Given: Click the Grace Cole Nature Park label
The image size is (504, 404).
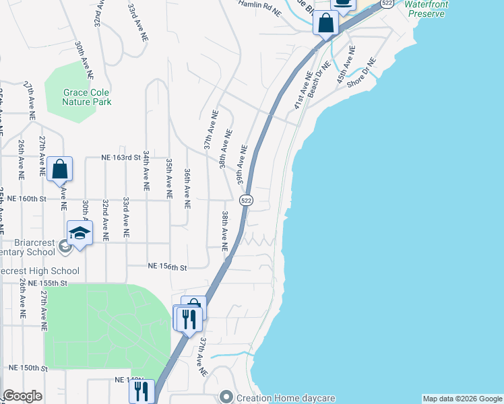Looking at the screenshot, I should click(x=86, y=97).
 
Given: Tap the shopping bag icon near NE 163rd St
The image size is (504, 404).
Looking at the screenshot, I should click(x=59, y=169).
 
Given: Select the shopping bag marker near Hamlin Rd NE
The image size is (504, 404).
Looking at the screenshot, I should click(x=325, y=23).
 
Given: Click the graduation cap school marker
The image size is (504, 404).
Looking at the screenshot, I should click(x=80, y=234).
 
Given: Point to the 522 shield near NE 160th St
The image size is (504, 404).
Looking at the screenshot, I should click(x=246, y=200).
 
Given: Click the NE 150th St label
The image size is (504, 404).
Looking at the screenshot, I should click(x=28, y=368).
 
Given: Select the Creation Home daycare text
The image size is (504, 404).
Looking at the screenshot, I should click(x=286, y=398).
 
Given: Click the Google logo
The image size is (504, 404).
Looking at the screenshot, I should click(x=22, y=396).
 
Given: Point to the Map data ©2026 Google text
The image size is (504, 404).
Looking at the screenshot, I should click(x=462, y=399).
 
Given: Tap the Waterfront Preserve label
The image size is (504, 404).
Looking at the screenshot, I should click(x=425, y=9).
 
